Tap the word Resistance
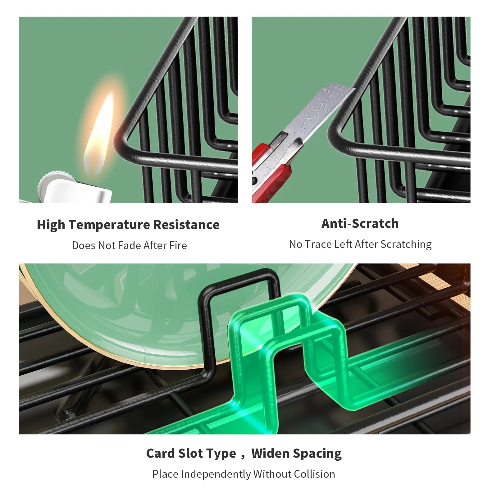(x=186, y=225)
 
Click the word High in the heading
(x=51, y=225)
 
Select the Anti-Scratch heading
(x=360, y=224)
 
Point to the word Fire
(x=178, y=245)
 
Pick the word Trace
(x=318, y=244)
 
